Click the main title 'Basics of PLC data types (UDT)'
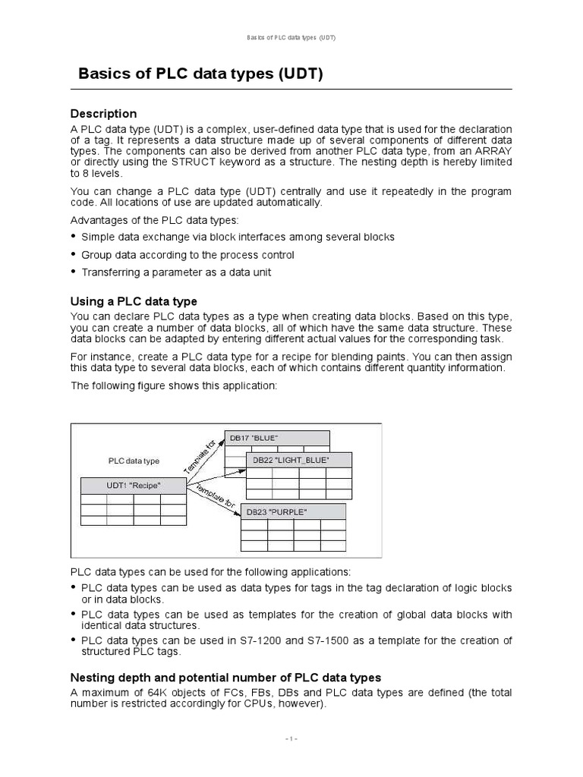click(201, 74)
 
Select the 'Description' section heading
click(103, 114)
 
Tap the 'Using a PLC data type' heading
click(134, 301)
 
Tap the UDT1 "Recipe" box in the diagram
click(134, 486)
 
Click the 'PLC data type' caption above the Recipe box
click(134, 461)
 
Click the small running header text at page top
click(291, 37)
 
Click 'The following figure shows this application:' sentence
click(175, 385)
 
